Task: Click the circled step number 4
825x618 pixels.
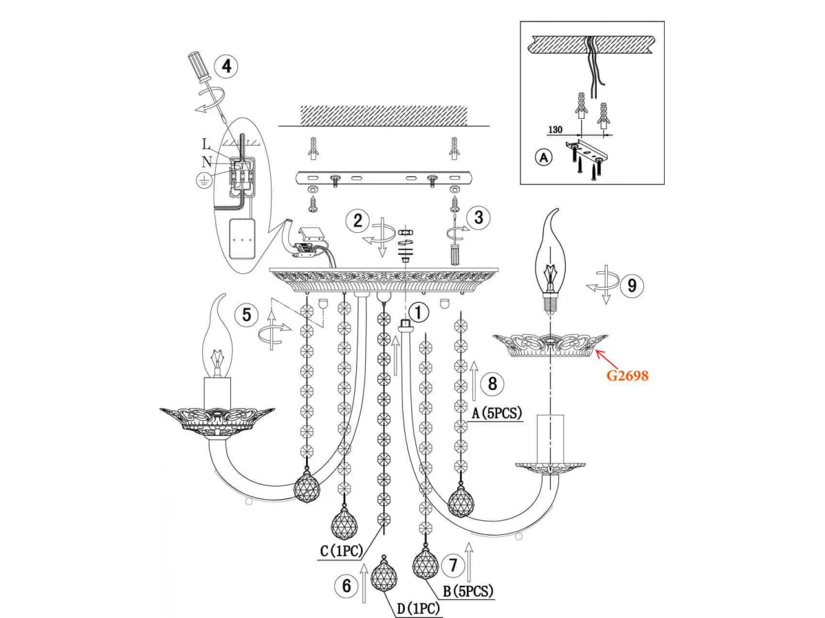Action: click(226, 67)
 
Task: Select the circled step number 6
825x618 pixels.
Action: click(346, 586)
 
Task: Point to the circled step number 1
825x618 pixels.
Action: click(419, 312)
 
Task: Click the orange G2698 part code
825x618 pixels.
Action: click(628, 376)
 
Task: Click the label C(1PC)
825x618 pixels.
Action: click(342, 551)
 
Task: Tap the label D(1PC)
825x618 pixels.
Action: click(417, 608)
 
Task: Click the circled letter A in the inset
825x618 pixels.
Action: click(543, 157)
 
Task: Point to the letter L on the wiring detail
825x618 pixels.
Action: click(207, 144)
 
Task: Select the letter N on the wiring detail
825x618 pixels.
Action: click(207, 162)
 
